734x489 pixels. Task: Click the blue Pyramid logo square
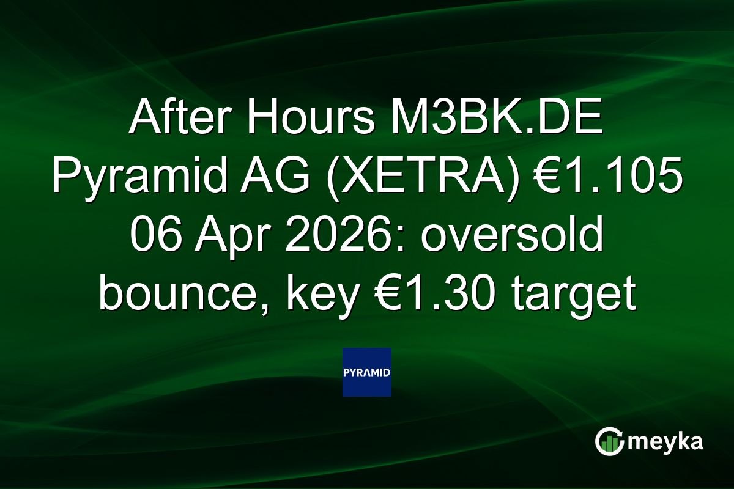[x=367, y=372]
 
